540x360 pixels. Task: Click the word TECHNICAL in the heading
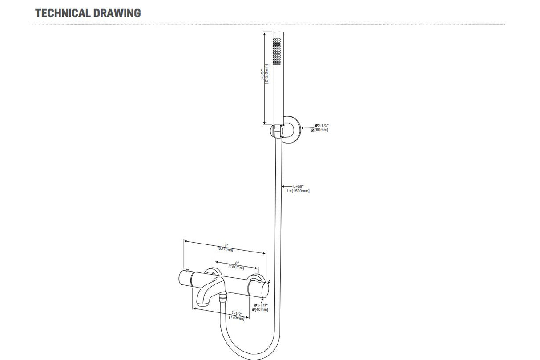63,13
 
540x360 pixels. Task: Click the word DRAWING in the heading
117,13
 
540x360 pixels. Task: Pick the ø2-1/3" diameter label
322,126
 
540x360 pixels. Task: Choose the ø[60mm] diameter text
321,130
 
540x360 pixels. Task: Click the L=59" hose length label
298,187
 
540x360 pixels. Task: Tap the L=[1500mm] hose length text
298,191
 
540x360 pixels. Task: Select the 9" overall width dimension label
226,245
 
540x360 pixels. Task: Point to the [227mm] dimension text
225,249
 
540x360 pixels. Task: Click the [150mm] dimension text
236,267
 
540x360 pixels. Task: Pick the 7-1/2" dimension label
237,313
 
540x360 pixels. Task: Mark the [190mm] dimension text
237,318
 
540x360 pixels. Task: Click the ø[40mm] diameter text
260,310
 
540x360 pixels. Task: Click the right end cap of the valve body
265,290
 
